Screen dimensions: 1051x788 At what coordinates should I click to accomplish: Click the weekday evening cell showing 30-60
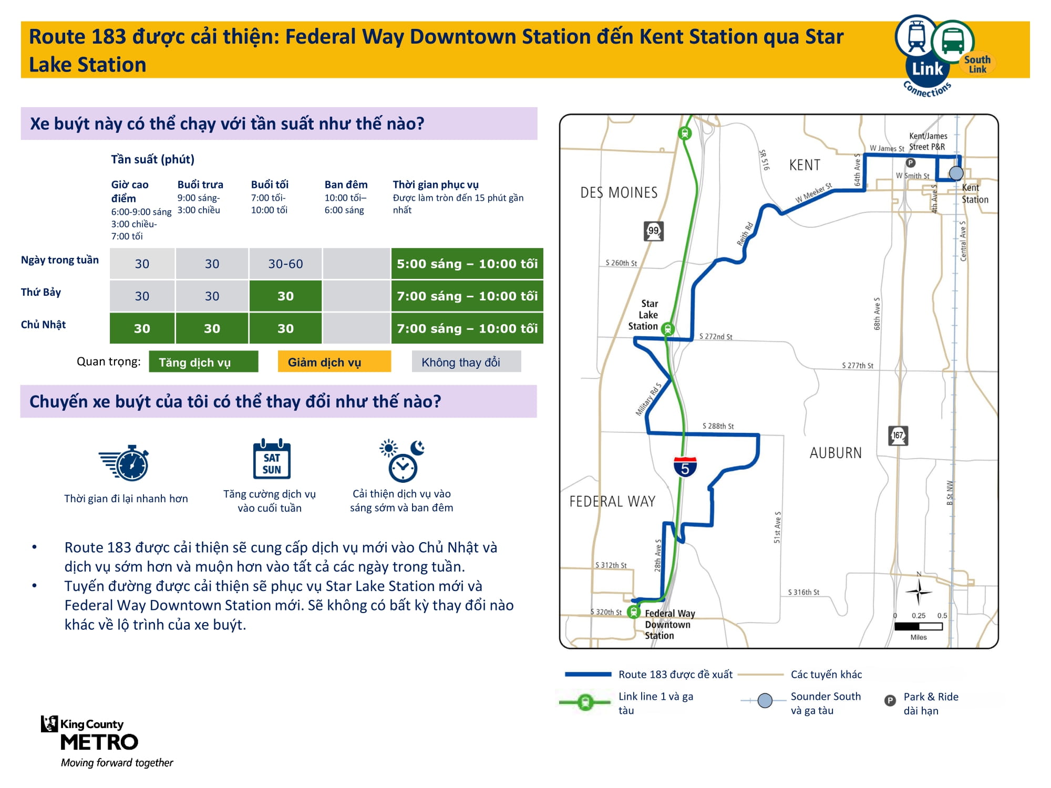point(285,264)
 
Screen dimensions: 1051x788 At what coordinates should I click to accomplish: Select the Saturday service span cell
point(467,296)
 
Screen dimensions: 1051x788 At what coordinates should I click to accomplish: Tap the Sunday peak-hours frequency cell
point(142,328)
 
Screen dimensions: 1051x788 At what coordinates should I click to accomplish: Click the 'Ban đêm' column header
point(346,185)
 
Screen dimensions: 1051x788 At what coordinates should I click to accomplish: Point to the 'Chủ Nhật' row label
point(43,325)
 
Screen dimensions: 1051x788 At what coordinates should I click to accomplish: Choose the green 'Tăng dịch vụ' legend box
point(203,362)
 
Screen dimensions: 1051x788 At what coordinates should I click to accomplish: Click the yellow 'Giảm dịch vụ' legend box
point(334,362)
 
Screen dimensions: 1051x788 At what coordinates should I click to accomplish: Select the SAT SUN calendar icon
point(272,459)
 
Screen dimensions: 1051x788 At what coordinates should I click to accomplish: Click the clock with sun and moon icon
point(402,460)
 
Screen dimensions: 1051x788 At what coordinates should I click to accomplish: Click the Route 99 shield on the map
point(654,231)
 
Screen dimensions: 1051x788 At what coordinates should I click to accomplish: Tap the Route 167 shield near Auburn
point(898,436)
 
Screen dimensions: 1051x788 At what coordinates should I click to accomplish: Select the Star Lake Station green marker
point(667,329)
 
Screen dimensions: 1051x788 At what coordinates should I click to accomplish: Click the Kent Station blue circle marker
point(956,173)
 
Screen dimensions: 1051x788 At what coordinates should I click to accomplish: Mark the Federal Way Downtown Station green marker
point(634,612)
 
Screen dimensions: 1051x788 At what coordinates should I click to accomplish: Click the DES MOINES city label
point(619,193)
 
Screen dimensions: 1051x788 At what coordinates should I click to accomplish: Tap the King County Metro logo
point(100,741)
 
